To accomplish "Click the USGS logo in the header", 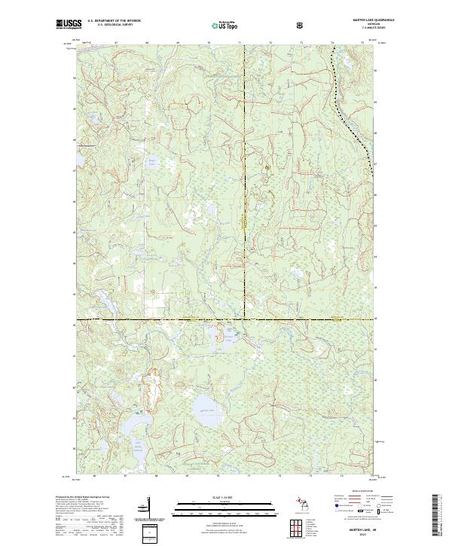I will point(69,25).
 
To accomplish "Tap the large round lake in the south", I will point(205,411).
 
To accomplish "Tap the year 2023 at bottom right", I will point(363,535).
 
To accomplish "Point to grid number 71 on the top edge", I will point(240,43).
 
